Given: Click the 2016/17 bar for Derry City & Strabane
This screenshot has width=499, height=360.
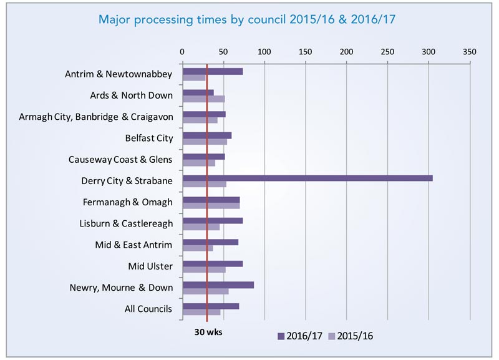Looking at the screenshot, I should tap(307, 178).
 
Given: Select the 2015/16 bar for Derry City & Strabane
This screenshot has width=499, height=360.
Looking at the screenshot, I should tap(204, 185).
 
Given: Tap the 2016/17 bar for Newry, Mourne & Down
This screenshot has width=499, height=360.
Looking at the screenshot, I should tap(218, 285).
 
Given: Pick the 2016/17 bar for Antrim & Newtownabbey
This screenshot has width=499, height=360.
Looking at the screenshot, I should tap(212, 71).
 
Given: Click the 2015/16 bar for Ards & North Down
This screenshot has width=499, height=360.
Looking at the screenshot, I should tap(203, 99).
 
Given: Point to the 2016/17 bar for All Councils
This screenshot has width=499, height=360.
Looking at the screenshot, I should tap(210, 306).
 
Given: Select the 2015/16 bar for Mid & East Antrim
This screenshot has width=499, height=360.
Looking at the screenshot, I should tap(197, 248).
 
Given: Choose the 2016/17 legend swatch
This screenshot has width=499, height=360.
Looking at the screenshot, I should tap(281, 336).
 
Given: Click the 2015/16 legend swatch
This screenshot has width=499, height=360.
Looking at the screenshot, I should tap(332, 336).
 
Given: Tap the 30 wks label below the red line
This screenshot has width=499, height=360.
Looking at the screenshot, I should tap(206, 332).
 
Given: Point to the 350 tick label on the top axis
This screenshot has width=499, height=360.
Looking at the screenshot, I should tap(469, 51).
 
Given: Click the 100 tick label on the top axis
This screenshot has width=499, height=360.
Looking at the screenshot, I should tap(264, 51).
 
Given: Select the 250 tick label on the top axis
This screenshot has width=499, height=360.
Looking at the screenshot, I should tap(387, 51).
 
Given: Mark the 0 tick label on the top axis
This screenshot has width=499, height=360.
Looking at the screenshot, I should tap(182, 51).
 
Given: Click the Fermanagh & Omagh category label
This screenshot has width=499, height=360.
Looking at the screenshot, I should tap(127, 202).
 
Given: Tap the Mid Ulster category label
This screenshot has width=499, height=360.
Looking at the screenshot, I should tap(150, 266).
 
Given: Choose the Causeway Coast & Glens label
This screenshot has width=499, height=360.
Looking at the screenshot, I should tap(120, 159).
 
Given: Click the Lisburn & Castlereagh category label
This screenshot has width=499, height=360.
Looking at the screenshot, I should tap(126, 223).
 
